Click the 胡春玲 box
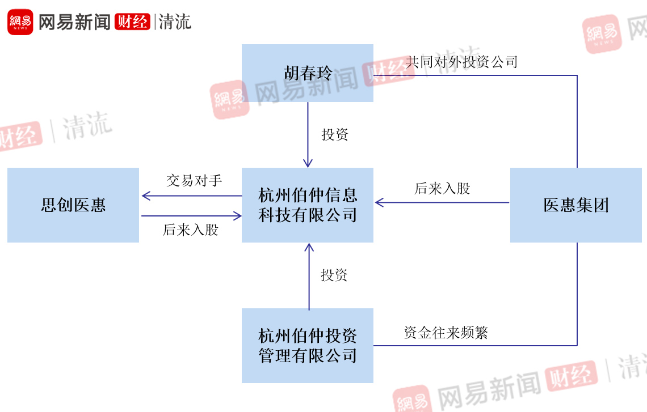tap(307, 73)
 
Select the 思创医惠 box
tap(73, 205)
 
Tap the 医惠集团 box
tap(575, 205)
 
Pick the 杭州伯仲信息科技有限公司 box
tap(307, 205)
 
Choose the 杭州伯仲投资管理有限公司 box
tap(307, 345)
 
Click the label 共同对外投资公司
tap(462, 62)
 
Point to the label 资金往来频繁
tap(446, 333)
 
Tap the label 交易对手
tap(194, 181)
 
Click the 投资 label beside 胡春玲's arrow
tap(335, 135)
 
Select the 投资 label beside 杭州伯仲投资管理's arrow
tap(334, 275)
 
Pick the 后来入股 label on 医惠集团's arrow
tap(443, 189)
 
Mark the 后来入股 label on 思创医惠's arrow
tap(191, 230)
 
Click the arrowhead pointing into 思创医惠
tap(146, 196)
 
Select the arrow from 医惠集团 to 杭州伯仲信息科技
tap(443, 202)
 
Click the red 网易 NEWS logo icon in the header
tap(20, 22)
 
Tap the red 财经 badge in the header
tap(132, 22)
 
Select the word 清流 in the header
tap(175, 22)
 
